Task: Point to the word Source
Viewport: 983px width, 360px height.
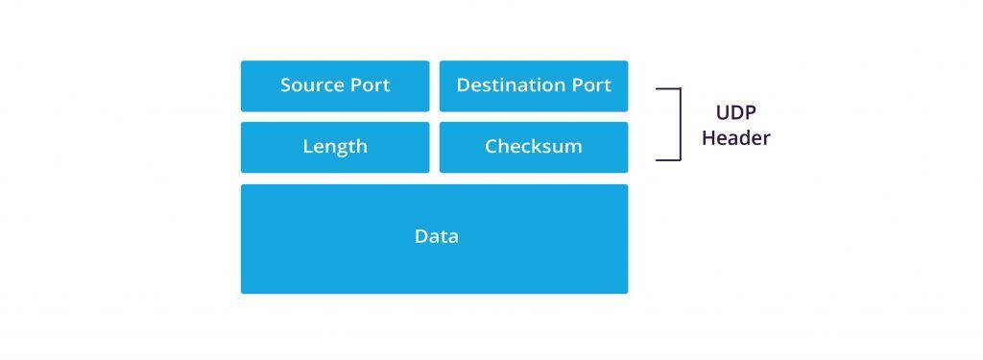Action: pyautogui.click(x=312, y=85)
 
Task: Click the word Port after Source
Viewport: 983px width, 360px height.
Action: pyautogui.click(x=370, y=85)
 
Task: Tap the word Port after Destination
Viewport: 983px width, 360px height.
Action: pyautogui.click(x=591, y=85)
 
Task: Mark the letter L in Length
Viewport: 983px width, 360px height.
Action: pyautogui.click(x=307, y=147)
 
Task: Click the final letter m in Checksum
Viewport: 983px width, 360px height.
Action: pyautogui.click(x=573, y=148)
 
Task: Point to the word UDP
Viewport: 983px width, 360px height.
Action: pyautogui.click(x=735, y=111)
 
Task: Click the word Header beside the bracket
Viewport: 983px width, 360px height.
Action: pyautogui.click(x=735, y=138)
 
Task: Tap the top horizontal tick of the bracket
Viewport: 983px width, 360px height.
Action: pyautogui.click(x=668, y=89)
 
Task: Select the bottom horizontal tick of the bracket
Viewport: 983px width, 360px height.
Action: pyautogui.click(x=668, y=159)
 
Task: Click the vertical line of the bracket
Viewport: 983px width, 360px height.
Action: pyautogui.click(x=680, y=125)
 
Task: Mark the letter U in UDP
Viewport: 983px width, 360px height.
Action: pyautogui.click(x=723, y=111)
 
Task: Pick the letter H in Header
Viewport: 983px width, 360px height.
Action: pyautogui.click(x=708, y=138)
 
